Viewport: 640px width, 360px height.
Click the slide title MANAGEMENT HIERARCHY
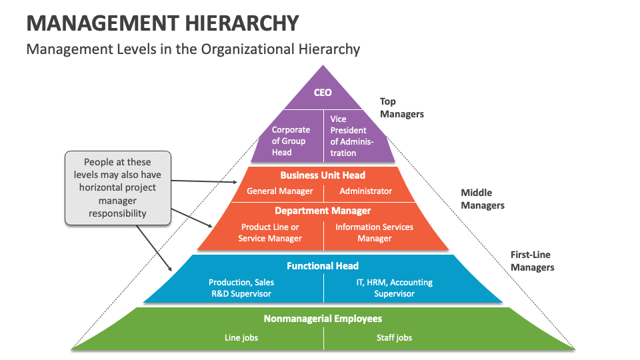click(x=163, y=23)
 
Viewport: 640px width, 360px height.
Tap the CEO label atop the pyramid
click(x=323, y=93)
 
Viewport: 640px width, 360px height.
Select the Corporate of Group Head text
click(x=291, y=141)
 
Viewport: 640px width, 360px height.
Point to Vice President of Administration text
click(x=351, y=136)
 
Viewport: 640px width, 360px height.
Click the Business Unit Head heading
click(x=323, y=175)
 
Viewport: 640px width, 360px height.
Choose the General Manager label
click(x=279, y=191)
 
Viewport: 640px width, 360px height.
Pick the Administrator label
click(x=366, y=191)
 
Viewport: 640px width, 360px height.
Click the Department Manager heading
click(x=323, y=211)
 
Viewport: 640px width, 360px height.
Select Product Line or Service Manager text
click(x=270, y=233)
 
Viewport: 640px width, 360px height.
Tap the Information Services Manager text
click(x=374, y=233)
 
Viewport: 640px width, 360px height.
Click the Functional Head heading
click(x=323, y=265)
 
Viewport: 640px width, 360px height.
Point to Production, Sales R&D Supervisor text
click(x=241, y=288)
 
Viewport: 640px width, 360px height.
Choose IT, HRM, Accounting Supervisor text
click(x=394, y=288)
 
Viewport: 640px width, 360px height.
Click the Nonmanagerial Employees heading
click(x=323, y=319)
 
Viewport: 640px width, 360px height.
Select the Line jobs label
click(x=241, y=338)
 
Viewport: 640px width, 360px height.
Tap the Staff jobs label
click(x=394, y=338)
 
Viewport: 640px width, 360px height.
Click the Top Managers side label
click(x=401, y=108)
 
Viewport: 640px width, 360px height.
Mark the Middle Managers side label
click(x=483, y=199)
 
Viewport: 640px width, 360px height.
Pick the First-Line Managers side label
click(x=532, y=261)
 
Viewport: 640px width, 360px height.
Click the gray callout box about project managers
click(x=117, y=187)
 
